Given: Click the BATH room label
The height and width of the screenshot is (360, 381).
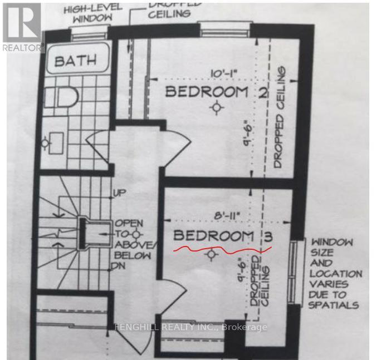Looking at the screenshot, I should [x=75, y=60].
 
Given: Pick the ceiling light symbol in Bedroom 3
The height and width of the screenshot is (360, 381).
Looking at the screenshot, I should [x=211, y=255].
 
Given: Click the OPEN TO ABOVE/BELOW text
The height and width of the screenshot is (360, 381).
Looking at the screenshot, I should [x=133, y=239].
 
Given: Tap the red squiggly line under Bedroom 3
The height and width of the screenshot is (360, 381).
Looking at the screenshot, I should [x=223, y=248].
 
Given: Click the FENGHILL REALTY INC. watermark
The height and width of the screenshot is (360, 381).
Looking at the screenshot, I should [x=190, y=327].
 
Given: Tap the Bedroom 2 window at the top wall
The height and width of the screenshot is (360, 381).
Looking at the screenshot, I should [x=218, y=29].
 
